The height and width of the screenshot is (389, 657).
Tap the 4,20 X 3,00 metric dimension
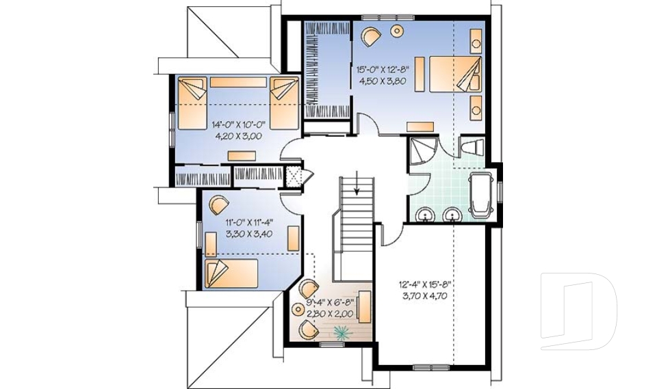(x=238, y=135)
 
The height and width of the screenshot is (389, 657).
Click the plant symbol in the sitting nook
(x=340, y=332)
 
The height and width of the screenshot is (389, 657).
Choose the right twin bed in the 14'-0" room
(x=283, y=103)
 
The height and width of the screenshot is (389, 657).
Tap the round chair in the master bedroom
(x=370, y=35)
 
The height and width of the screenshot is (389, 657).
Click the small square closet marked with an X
(x=294, y=176)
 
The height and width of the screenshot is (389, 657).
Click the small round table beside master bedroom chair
(x=397, y=31)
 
